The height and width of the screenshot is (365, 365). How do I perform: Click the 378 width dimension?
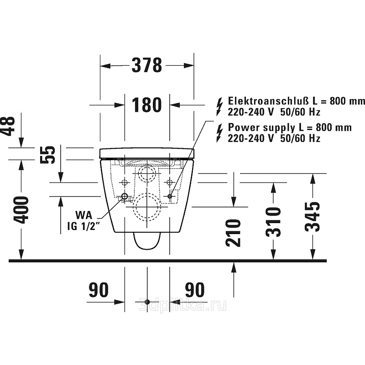pos(146,65)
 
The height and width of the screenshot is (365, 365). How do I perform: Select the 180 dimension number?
pos(146,105)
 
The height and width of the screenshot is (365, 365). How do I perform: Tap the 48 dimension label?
pos(8,126)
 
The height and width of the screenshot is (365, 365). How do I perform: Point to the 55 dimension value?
pos(48,155)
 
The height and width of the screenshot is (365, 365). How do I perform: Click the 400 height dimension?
pos(21,210)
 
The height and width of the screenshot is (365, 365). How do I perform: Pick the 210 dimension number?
pos(233,233)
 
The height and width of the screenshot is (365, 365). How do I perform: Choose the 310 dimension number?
pos(273,222)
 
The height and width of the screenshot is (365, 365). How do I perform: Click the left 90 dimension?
pos(99,290)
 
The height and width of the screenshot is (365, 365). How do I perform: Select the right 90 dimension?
pos(195,290)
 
